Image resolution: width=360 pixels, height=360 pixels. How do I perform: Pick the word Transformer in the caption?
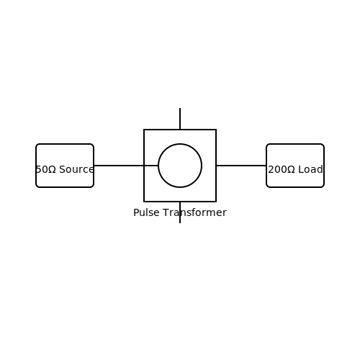[194, 212]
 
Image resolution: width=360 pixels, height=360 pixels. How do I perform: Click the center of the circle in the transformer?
[180, 166]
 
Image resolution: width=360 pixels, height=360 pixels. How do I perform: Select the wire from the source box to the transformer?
[126, 166]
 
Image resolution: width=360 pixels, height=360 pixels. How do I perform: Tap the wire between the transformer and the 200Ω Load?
[241, 166]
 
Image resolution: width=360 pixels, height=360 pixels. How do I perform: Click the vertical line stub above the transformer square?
[180, 119]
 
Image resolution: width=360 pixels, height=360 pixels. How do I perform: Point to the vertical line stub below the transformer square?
[180, 212]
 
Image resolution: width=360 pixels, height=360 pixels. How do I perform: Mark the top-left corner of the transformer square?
[144, 130]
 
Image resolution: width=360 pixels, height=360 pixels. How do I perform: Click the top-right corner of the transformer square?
[216, 130]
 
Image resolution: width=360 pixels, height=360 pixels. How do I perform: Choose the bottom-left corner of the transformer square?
[144, 202]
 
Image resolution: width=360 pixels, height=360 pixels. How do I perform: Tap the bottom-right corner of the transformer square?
[216, 202]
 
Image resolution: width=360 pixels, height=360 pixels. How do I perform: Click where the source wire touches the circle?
[158, 166]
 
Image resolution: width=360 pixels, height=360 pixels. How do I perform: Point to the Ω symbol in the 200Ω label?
[291, 169]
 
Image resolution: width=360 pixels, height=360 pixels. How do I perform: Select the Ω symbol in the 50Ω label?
[52, 169]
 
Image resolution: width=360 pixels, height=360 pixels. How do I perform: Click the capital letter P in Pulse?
[136, 212]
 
